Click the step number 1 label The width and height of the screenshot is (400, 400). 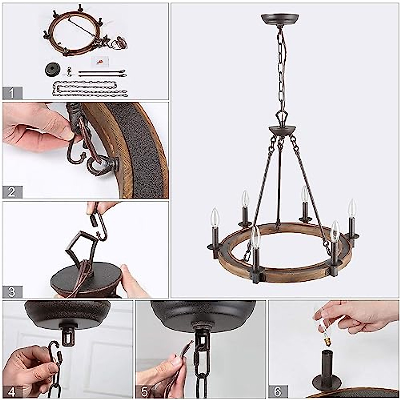(12, 93)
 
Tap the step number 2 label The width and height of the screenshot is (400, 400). (12, 192)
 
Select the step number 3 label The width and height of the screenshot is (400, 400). (12, 292)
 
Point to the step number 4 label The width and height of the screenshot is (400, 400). (12, 391)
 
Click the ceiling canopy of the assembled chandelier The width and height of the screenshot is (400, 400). (280, 19)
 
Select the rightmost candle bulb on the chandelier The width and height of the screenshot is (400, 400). (352, 208)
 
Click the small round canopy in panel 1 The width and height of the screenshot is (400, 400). (53, 70)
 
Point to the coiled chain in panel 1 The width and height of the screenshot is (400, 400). (90, 89)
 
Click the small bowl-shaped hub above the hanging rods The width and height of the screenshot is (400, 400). (279, 130)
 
